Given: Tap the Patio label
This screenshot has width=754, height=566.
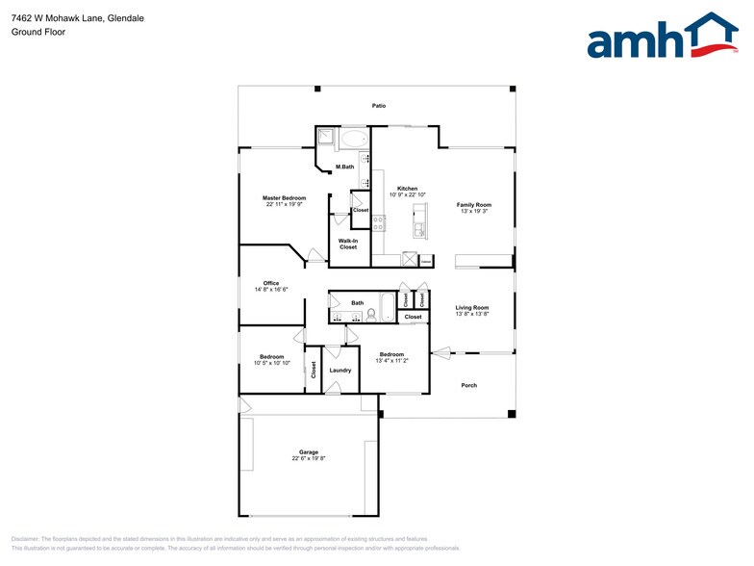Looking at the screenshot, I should click(x=379, y=105).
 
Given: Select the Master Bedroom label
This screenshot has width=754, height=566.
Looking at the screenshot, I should click(x=284, y=197).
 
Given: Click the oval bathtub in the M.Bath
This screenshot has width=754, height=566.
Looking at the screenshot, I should click(x=353, y=140).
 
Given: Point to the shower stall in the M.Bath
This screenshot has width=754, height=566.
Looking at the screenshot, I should click(x=326, y=139).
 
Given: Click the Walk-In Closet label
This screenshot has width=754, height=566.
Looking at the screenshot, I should click(x=347, y=244).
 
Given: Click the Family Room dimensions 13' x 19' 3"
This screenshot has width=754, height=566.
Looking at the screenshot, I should click(x=473, y=211).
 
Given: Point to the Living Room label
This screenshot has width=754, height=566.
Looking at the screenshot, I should click(x=472, y=307).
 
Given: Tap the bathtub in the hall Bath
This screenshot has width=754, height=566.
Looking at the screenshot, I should click(x=387, y=307).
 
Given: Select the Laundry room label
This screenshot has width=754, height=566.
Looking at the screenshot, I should click(x=339, y=370).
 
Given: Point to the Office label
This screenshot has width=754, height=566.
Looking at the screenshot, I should click(x=271, y=283).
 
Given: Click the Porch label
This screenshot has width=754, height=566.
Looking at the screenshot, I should click(x=468, y=385).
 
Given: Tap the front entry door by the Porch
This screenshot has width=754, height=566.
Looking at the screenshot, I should click(x=440, y=352).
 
